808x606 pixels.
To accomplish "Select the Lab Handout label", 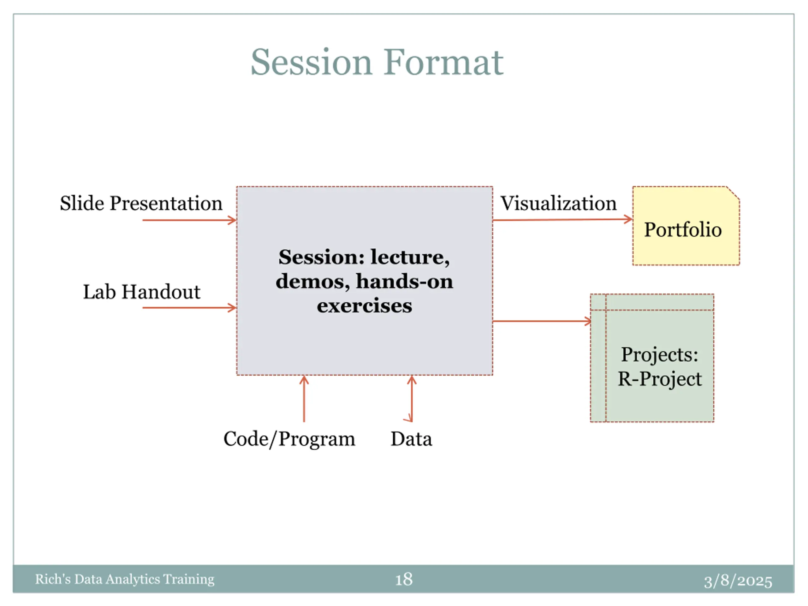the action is point(142,292).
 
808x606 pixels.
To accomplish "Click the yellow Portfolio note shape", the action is point(686,226).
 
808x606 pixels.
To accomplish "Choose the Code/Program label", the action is point(289,439).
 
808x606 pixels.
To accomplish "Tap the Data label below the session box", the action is point(411,439).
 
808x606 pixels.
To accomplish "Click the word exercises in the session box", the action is point(364,306).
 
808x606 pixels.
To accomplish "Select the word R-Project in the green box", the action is point(660,379).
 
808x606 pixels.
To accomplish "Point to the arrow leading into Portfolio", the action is point(562,220).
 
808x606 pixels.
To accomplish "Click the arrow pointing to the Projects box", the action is point(542,321).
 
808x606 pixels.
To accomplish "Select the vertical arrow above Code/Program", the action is point(304,399).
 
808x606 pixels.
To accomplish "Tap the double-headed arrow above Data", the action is point(412,399).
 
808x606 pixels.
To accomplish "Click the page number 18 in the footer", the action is point(404,579).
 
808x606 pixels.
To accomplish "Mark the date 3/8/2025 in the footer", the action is point(738,581).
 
